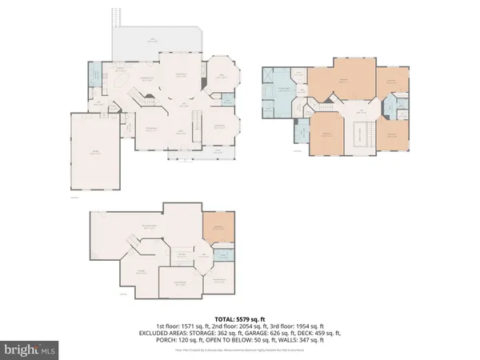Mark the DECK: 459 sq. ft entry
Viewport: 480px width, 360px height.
click(330, 334)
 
